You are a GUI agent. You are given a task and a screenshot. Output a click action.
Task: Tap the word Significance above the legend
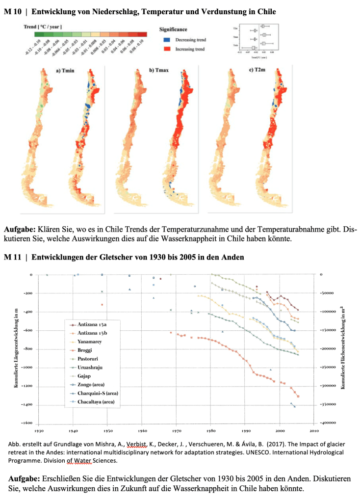point(173,30)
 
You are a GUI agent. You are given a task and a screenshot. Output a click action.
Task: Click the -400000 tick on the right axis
point(331,423)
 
